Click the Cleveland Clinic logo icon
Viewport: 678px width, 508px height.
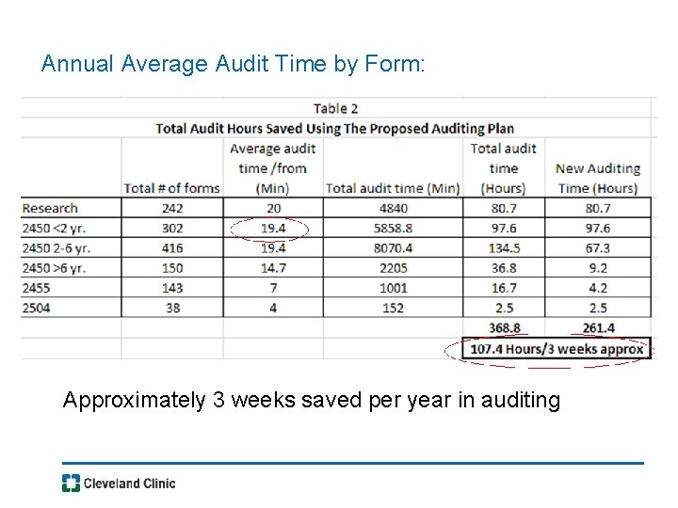coord(71,484)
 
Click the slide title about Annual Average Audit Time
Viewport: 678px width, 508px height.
coord(234,65)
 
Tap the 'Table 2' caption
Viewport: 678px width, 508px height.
coord(335,108)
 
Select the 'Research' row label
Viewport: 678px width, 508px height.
coord(50,208)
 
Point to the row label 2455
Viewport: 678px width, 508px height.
coord(37,288)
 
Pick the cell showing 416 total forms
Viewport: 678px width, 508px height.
coord(171,248)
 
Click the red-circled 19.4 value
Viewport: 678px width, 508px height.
coord(272,229)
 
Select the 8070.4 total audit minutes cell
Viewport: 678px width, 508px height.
coord(393,248)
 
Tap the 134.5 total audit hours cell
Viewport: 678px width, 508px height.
coord(504,248)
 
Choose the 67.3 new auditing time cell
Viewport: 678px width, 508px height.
coord(597,248)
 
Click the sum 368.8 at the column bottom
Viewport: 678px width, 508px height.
coord(504,328)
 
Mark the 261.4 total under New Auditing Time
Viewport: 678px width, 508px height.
coord(597,328)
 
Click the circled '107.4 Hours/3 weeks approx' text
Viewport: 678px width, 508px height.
coord(557,349)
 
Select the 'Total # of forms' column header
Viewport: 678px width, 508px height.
coord(171,188)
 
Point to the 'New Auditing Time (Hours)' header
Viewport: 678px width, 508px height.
coord(597,178)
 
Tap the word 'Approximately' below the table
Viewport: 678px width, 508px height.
coord(134,401)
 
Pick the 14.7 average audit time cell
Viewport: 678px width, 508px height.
coord(272,268)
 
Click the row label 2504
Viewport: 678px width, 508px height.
coord(37,308)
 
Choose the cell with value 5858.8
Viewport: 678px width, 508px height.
coord(393,229)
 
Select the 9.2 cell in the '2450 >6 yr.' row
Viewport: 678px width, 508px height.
coord(597,268)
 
